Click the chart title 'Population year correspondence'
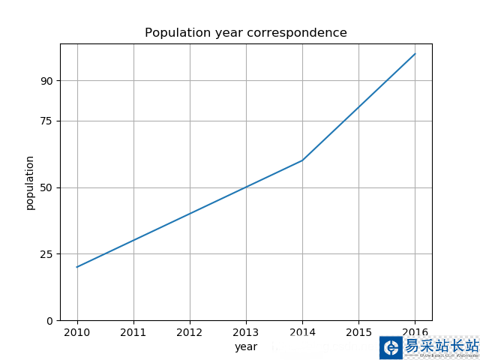pos(246,33)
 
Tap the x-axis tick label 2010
pos(77,332)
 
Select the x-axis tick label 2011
pos(133,332)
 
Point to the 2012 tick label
pos(190,332)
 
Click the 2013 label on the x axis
pos(246,332)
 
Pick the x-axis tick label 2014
pos(302,332)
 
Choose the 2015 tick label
pos(358,332)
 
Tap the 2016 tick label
pos(415,332)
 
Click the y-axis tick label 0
pos(49,321)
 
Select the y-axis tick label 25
pos(46,254)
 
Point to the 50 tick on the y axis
pos(46,187)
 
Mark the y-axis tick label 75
pos(46,121)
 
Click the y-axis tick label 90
pos(46,81)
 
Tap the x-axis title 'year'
pos(246,346)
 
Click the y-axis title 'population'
pos(30,183)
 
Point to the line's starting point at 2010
pos(77,267)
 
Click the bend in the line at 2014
pos(302,160)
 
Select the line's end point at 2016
pos(415,54)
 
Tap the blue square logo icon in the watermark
pos(391,347)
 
